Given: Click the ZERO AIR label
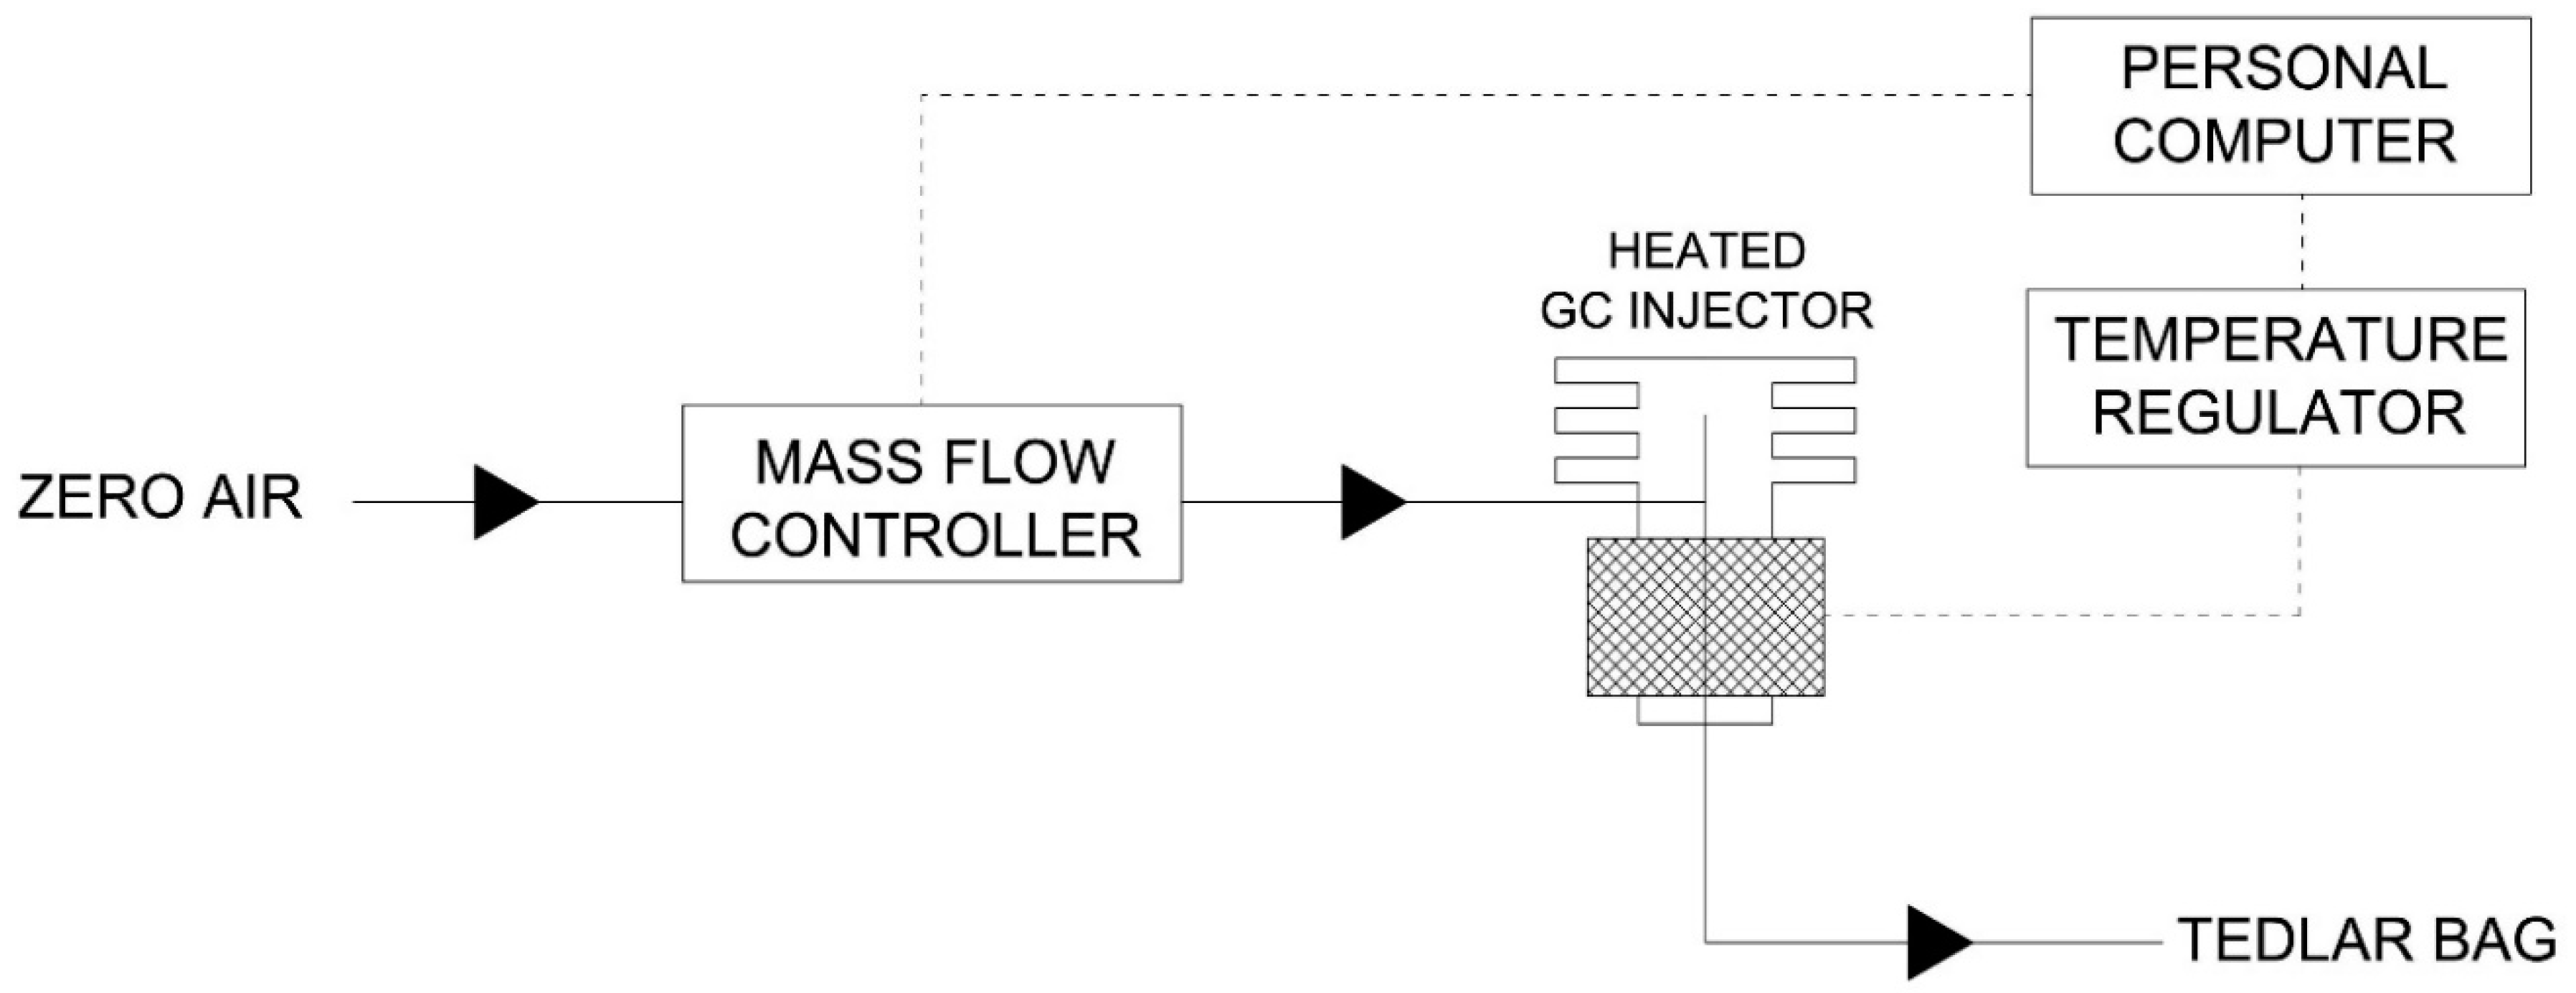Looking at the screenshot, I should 160,498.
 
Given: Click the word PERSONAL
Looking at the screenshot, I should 2283,69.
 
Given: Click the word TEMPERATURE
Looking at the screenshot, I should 2280,340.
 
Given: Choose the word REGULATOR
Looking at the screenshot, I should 2278,414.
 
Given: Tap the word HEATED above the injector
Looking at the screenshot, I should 1706,251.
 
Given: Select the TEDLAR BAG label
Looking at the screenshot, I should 2366,940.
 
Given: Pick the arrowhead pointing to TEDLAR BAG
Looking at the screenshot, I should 1937,942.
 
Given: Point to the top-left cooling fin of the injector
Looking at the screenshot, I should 1596,370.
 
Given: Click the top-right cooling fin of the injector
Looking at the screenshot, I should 1814,370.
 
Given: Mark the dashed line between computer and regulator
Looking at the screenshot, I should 2303,242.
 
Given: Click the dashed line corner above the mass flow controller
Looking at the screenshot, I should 921,96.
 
